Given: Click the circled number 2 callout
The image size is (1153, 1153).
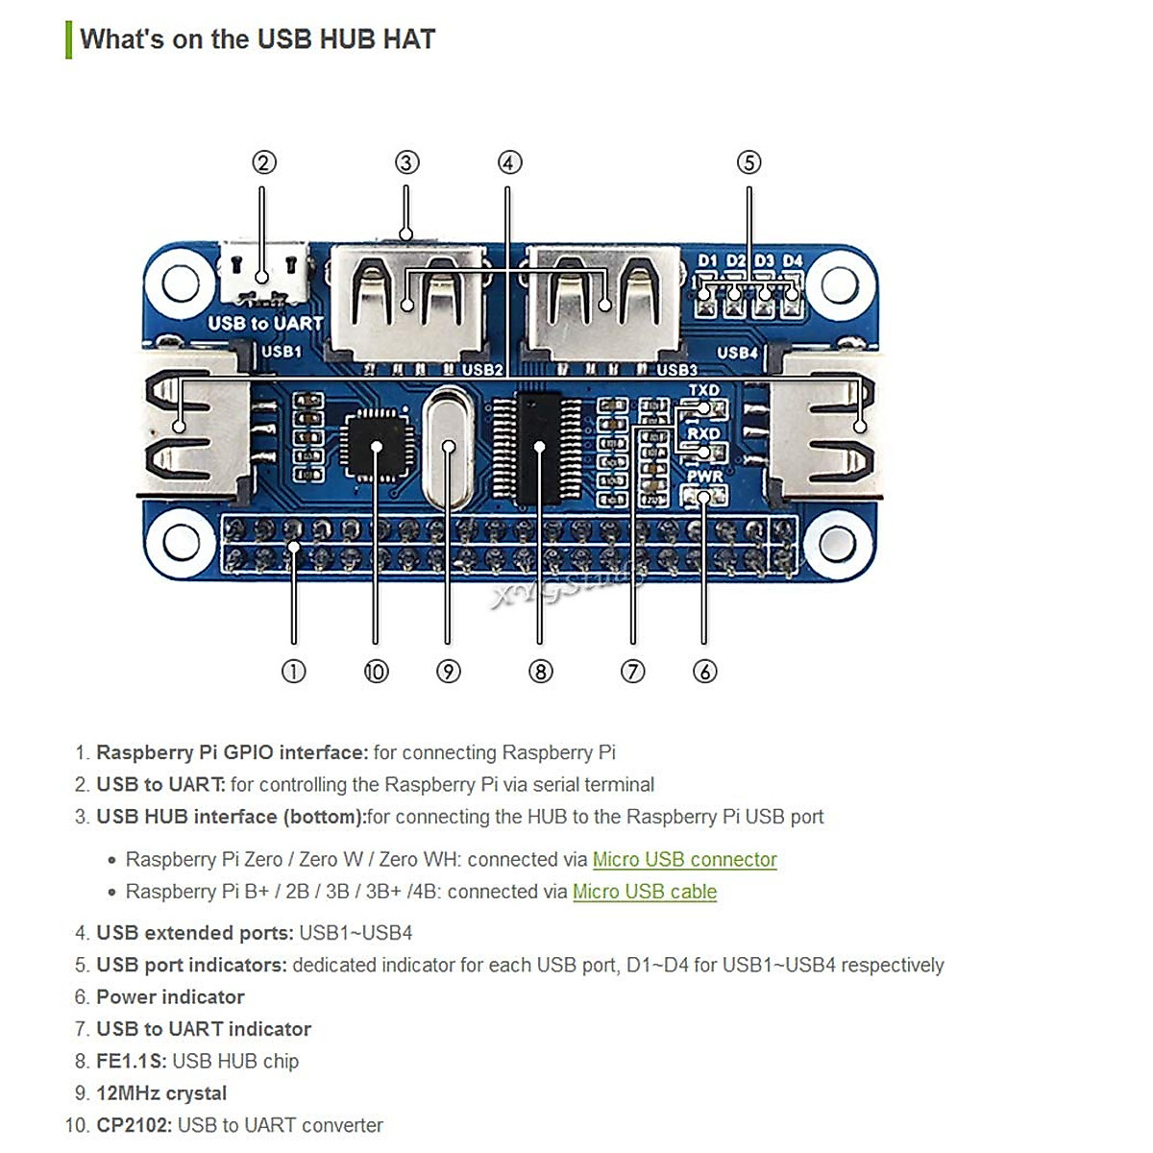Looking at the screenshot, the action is (264, 162).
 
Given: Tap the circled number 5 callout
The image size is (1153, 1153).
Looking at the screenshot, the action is (748, 162).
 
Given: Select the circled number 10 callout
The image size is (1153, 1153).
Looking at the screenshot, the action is (376, 672).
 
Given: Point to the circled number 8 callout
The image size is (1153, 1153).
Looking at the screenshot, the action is (540, 672).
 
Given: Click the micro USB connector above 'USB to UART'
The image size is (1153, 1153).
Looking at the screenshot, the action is (264, 272).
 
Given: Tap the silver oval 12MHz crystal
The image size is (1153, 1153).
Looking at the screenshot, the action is (448, 448).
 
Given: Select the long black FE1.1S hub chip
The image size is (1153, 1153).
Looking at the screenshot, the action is (538, 449).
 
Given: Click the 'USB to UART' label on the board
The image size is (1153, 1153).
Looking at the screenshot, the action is (265, 324).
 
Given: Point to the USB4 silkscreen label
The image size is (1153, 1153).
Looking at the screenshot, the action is (737, 353).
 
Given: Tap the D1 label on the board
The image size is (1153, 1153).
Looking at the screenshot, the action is (707, 261).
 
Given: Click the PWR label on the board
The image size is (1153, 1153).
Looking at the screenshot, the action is (704, 477).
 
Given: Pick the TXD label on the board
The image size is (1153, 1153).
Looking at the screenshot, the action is (703, 390).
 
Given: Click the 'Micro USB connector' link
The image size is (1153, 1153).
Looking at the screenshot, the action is (684, 859).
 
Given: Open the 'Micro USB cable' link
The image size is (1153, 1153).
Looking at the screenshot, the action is (645, 892).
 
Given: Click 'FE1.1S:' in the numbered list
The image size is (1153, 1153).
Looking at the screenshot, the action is (131, 1061).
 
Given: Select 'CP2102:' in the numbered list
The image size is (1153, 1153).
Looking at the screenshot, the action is (134, 1125).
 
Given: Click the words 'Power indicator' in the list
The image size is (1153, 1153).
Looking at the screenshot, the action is (170, 996).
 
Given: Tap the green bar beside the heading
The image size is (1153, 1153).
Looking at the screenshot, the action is (69, 40).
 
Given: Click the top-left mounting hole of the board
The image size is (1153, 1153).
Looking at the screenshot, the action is (180, 283).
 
